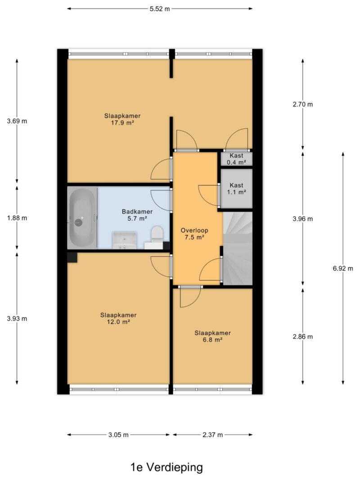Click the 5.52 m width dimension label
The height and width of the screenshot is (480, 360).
coord(159,9)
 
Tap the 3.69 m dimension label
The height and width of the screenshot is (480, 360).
coord(17,121)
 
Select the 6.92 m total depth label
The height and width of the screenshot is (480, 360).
coord(343,269)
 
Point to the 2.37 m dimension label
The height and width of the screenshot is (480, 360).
coord(212,435)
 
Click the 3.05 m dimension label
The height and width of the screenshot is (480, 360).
coord(118,435)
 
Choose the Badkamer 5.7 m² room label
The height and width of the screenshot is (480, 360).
coord(137,215)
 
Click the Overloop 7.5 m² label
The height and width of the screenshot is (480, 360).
coord(194,234)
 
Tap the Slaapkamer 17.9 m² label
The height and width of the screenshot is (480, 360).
coord(122,119)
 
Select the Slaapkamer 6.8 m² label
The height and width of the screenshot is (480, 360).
coord(213,336)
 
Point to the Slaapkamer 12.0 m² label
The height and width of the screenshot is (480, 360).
coord(118,319)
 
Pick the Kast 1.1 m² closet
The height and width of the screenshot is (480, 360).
coord(237,188)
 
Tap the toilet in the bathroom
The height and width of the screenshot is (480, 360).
coord(157,235)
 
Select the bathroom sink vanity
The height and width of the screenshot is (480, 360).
coord(125,241)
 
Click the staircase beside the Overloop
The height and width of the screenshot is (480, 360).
coord(238,248)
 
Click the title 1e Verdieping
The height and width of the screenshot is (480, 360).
coord(167,467)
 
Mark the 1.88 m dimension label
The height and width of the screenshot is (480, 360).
coord(17,218)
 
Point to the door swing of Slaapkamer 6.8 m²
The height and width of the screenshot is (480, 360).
coord(190,297)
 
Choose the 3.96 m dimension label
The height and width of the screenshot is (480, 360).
coord(303,219)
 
